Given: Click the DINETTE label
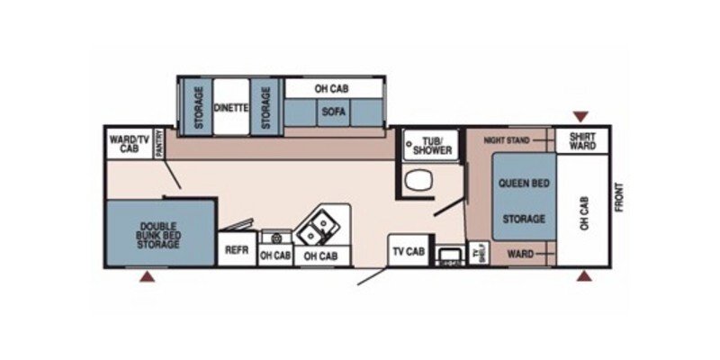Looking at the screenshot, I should (x=231, y=107).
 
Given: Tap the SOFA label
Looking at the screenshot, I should (x=328, y=112).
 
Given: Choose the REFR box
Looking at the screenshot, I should (x=237, y=251).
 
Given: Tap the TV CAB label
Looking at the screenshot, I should (x=408, y=251).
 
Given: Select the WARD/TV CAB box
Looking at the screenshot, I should (x=125, y=143).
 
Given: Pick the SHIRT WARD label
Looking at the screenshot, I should (x=581, y=141).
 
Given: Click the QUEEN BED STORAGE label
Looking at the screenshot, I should (x=523, y=201).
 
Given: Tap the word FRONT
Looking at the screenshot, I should (x=619, y=197).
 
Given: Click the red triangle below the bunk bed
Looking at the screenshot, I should (x=145, y=277).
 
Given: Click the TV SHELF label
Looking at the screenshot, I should (x=478, y=253).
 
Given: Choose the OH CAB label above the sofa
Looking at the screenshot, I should (x=330, y=89).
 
